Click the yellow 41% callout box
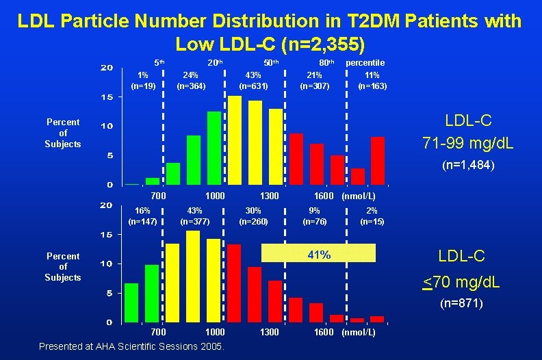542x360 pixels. tap(320, 255)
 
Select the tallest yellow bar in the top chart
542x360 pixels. tap(235, 140)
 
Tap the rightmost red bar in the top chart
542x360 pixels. tap(378, 161)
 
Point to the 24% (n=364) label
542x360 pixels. tap(191, 81)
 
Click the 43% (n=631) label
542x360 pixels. tap(253, 81)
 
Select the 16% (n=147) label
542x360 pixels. tap(143, 216)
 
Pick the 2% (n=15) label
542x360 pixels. tap(372, 216)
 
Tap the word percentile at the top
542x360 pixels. tap(365, 62)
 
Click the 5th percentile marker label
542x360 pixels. tap(158, 62)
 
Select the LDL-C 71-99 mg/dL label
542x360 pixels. tap(468, 132)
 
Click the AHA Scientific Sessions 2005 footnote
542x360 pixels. tap(131, 346)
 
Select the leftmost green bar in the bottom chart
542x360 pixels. tap(131, 302)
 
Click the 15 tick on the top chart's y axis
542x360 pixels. tap(108, 97)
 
